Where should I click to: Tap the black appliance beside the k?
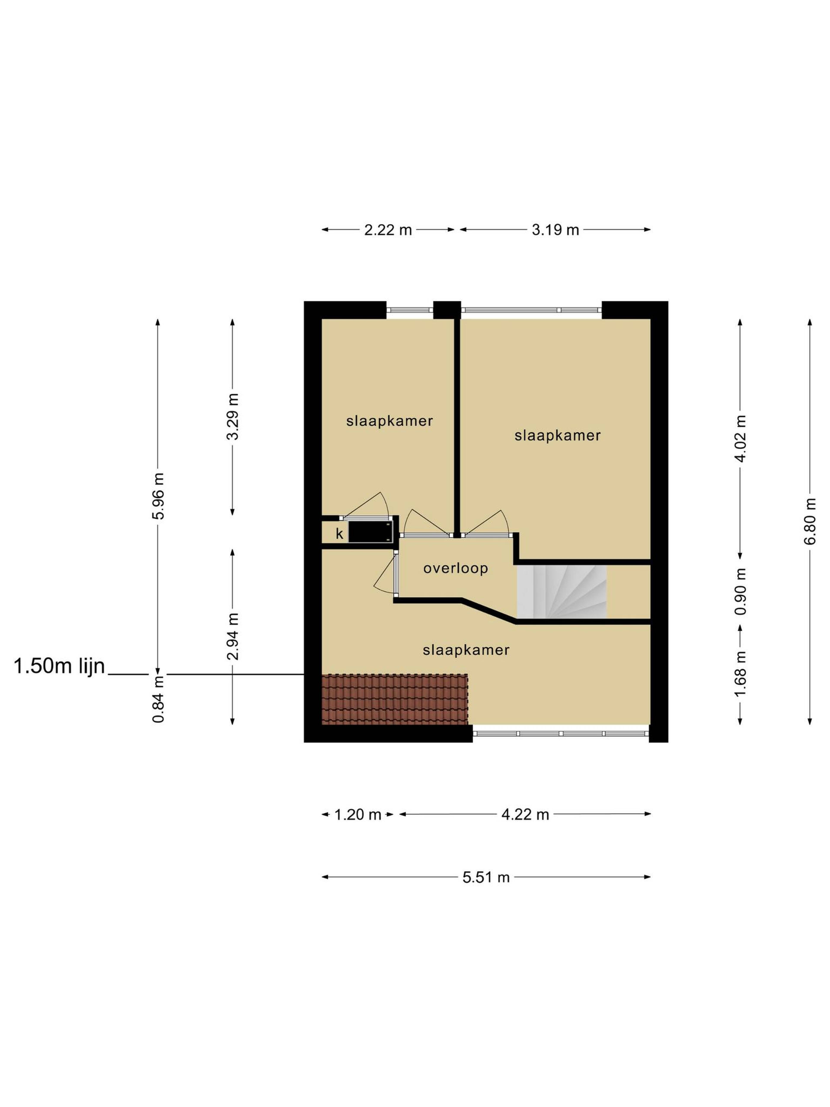click(370, 531)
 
